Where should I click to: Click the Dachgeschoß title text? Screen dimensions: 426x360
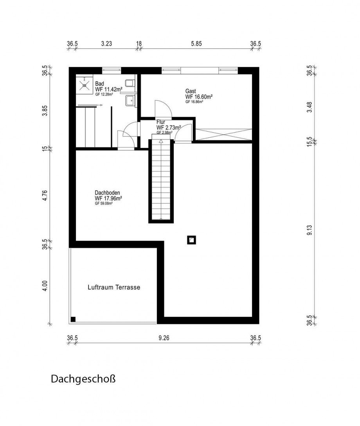click(x=83, y=379)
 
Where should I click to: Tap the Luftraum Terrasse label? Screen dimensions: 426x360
click(x=113, y=287)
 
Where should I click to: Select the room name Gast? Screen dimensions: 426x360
click(x=191, y=91)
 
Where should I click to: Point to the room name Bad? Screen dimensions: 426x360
click(x=99, y=84)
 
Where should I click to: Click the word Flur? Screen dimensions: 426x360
click(x=161, y=122)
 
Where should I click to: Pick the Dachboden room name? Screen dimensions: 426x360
click(x=107, y=193)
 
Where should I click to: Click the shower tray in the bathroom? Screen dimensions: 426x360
click(x=84, y=84)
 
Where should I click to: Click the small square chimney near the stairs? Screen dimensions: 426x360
click(x=191, y=240)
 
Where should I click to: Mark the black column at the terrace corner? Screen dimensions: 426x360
click(x=73, y=319)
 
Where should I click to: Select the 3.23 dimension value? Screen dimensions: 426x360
click(x=106, y=44)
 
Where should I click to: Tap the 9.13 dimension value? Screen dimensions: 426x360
click(x=309, y=230)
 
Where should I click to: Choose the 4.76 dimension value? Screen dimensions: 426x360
click(x=45, y=195)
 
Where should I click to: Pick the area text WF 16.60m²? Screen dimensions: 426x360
click(x=199, y=97)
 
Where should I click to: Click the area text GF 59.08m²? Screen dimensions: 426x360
click(x=104, y=203)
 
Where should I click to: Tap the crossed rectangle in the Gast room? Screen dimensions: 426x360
click(x=223, y=134)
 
